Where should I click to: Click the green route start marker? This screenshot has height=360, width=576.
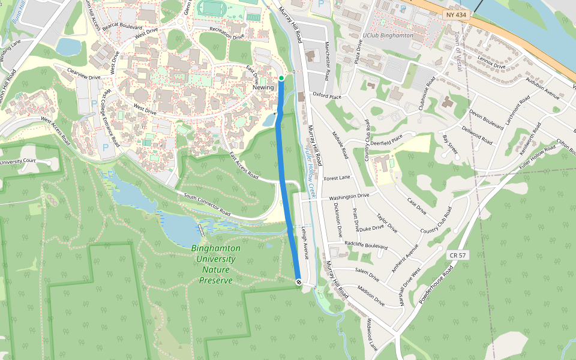pos(281,78)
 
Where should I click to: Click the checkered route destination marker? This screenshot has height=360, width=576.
pos(299,281)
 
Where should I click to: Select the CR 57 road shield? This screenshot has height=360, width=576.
pos(457,256)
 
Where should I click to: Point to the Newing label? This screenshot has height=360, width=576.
pos(263,88)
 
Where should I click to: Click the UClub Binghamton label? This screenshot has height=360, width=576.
pos(388,35)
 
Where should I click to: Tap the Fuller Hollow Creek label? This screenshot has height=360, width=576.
pos(311,174)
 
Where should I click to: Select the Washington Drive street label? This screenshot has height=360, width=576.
pos(349,196)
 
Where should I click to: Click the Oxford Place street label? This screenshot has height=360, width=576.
pos(327,95)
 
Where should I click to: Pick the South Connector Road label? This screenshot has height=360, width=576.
pos(207,205)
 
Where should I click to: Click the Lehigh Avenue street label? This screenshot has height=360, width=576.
pos(305,243)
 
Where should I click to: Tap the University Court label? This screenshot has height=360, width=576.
pos(18,161)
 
